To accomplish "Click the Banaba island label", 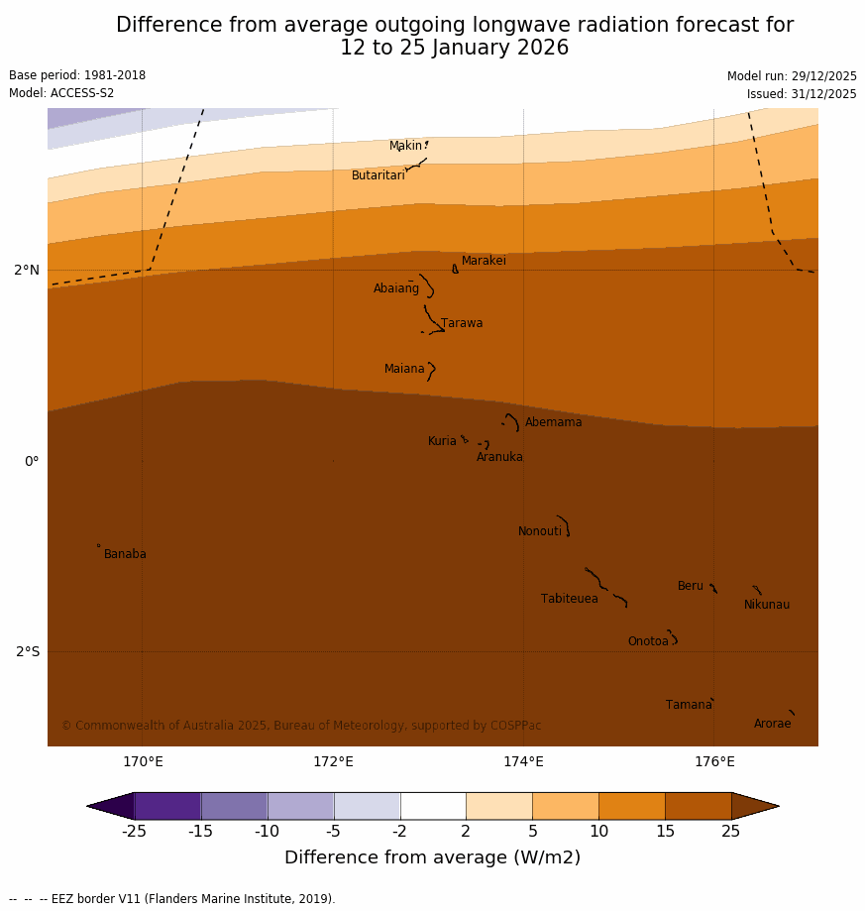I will [x=125, y=554].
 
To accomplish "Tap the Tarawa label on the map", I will [x=462, y=323].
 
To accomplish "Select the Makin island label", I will [x=405, y=146].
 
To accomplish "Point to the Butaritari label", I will [x=378, y=175].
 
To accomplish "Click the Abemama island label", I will [x=553, y=422].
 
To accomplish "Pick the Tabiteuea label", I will [x=569, y=599].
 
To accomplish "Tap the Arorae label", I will [x=772, y=724].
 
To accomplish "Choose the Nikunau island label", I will [x=766, y=605].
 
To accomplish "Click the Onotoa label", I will [x=648, y=641].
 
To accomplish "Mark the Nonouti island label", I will [x=539, y=531].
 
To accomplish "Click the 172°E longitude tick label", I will [x=333, y=761].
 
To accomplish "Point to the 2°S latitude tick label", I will [x=28, y=651].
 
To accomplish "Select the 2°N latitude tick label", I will [x=27, y=270].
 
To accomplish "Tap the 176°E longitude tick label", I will [x=714, y=761].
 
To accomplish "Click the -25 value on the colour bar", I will [x=134, y=831].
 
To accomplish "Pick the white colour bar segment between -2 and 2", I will [x=433, y=806].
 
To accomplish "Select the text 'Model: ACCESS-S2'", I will [x=61, y=93].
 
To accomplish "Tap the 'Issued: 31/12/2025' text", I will [x=802, y=94].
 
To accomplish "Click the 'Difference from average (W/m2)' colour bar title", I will [x=432, y=857].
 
